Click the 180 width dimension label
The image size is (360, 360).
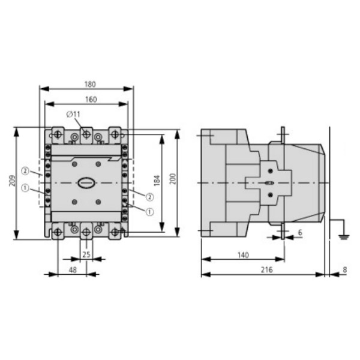click(90, 84)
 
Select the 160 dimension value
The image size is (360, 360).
click(90, 100)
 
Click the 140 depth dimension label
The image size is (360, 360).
click(243, 256)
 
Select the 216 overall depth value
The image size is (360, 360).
click(266, 270)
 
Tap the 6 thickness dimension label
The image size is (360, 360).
click(300, 232)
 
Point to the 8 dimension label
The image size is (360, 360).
click(344, 270)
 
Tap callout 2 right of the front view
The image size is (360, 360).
click(149, 196)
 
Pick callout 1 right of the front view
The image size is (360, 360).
click(149, 211)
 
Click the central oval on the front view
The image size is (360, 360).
click(85, 182)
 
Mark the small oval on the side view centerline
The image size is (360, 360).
click(269, 182)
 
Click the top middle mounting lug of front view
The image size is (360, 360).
click(86, 135)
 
